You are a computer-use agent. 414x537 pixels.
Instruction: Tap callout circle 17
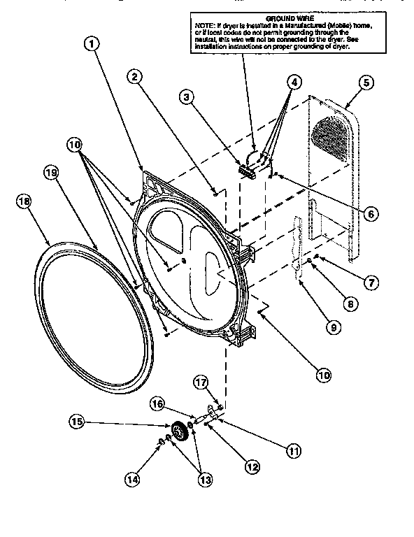click(x=200, y=382)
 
